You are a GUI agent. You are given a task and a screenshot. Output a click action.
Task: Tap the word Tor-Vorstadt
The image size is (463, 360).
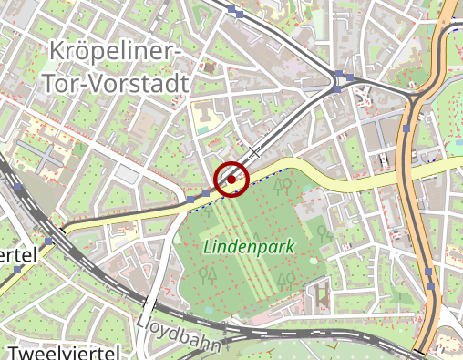click(x=115, y=84)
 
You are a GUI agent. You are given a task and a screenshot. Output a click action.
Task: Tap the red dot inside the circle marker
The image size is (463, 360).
click(x=232, y=180)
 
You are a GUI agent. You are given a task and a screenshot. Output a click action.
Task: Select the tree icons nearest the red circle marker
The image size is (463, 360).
click(x=284, y=187)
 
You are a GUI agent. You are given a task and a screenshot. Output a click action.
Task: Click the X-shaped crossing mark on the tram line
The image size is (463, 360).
click(x=256, y=149)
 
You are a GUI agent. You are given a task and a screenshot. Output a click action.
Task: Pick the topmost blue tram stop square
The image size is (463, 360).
click(x=236, y=12)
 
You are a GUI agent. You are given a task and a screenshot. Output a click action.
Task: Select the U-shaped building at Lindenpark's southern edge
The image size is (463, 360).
click(x=320, y=293)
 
